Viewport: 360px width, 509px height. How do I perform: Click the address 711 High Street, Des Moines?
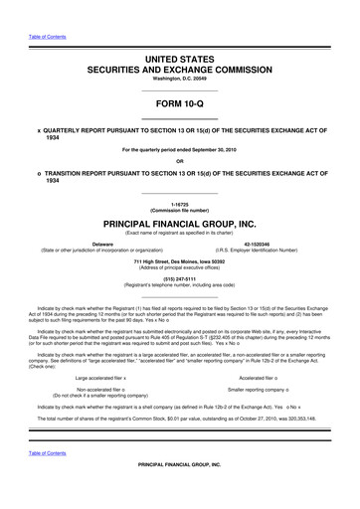click(180, 260)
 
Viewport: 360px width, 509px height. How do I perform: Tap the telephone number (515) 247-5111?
click(180, 277)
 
